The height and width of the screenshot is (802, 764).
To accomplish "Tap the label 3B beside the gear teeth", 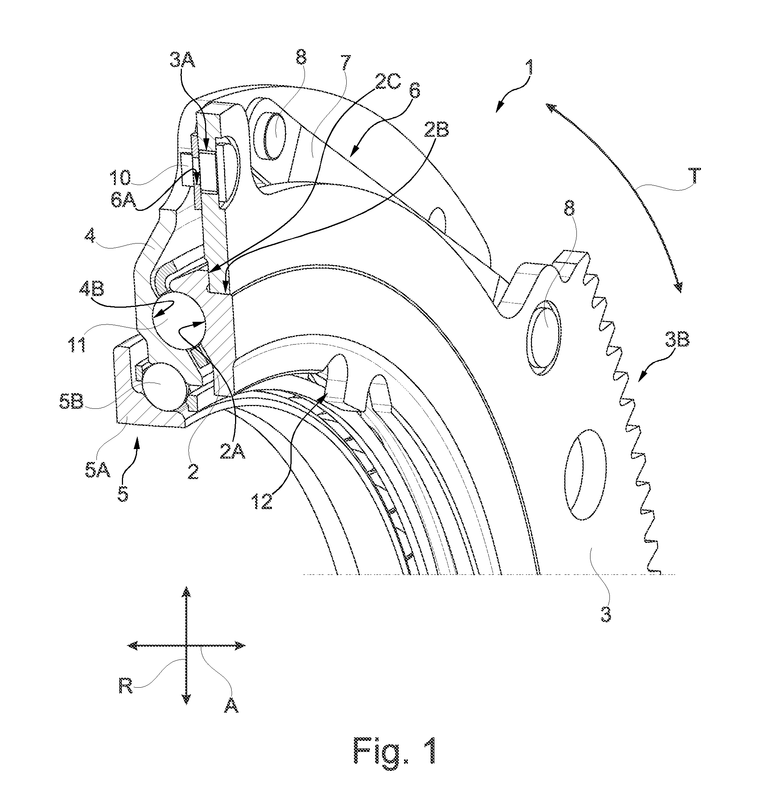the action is click(677, 340).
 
